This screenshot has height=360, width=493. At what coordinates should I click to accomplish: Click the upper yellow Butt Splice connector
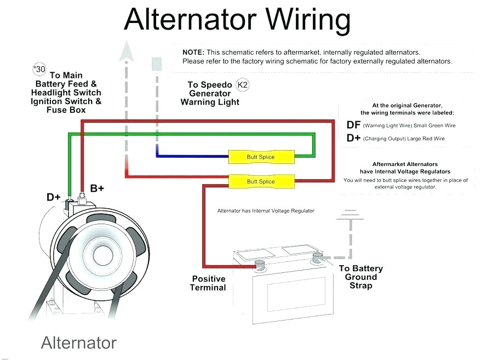(261, 157)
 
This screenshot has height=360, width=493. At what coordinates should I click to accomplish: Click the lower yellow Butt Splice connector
(261, 181)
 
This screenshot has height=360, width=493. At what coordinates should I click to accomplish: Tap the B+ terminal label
(97, 188)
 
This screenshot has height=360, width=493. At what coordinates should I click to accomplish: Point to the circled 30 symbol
(39, 70)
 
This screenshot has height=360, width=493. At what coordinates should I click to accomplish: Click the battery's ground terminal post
(317, 258)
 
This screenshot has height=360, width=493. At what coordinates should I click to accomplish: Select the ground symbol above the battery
(349, 215)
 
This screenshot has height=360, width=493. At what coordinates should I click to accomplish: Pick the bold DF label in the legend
(353, 125)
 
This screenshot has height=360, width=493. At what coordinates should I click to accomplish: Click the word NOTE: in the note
(193, 52)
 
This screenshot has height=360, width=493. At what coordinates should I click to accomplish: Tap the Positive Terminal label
(208, 283)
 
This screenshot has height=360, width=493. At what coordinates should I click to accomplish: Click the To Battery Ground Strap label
(360, 277)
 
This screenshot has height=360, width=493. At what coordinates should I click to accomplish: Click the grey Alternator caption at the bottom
(79, 343)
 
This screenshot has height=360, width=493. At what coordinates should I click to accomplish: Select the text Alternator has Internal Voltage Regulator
(266, 211)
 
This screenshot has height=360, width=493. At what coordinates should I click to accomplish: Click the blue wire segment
(192, 157)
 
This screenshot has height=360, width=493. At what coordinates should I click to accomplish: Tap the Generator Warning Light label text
(210, 98)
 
